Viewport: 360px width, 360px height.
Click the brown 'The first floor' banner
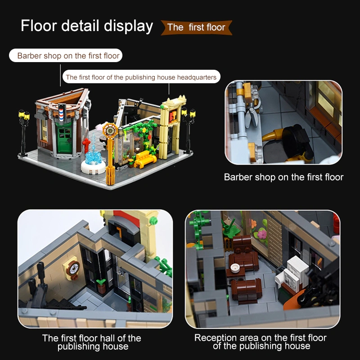[197, 27]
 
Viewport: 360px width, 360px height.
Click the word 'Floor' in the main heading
[39, 26]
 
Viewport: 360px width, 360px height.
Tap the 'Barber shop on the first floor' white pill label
[66, 55]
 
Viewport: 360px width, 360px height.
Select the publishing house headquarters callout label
[141, 77]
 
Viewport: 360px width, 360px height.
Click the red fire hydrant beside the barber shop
[86, 145]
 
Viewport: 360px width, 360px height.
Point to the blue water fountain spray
[94, 150]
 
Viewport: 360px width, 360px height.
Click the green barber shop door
[64, 139]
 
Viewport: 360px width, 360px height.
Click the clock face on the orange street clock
[110, 130]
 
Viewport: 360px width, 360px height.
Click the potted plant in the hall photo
[101, 286]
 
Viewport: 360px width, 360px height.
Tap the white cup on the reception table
[234, 268]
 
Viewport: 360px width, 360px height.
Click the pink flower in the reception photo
[261, 234]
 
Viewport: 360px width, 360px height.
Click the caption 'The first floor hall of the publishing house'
[92, 342]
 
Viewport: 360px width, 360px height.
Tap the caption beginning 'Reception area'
[261, 342]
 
